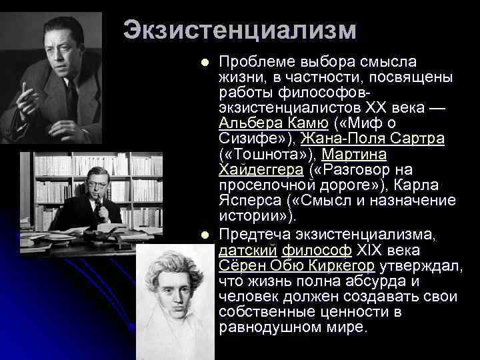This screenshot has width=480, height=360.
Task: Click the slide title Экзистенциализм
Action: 240,31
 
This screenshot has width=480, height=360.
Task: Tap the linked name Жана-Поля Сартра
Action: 372,139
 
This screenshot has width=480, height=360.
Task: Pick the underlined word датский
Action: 239,251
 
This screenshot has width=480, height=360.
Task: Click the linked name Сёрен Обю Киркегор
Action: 297,266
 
